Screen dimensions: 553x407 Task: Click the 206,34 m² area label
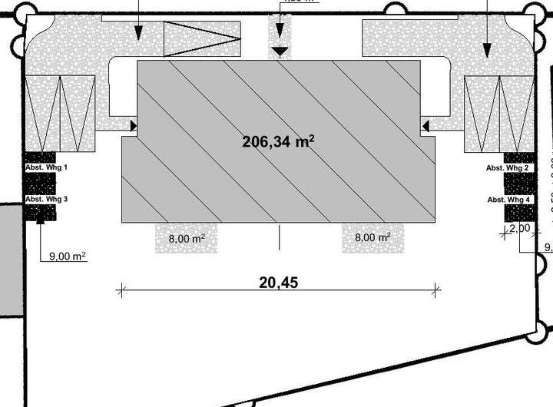coord(279,141)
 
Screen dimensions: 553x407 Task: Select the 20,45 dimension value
coord(278,282)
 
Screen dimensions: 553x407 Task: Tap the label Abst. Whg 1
coord(46,167)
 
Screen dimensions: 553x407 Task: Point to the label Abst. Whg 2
coord(508,167)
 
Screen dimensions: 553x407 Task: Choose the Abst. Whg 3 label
coord(46,199)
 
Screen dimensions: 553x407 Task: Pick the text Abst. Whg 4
coord(508,200)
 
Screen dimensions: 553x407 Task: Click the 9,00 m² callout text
coord(67,256)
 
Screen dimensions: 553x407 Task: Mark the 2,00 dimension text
coord(519,228)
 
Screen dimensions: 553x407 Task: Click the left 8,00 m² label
coord(186,238)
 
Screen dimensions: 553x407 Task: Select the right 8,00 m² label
coord(373,238)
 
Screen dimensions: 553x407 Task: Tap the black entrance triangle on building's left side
coord(133,125)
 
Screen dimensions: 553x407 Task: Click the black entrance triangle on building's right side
coord(424,125)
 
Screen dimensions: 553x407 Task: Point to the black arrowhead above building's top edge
coord(280,51)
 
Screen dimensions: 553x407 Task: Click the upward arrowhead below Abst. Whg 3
coord(40,220)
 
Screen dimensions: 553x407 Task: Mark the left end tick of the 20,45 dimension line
coord(121,290)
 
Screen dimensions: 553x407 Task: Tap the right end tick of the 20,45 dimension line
coord(436,290)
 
